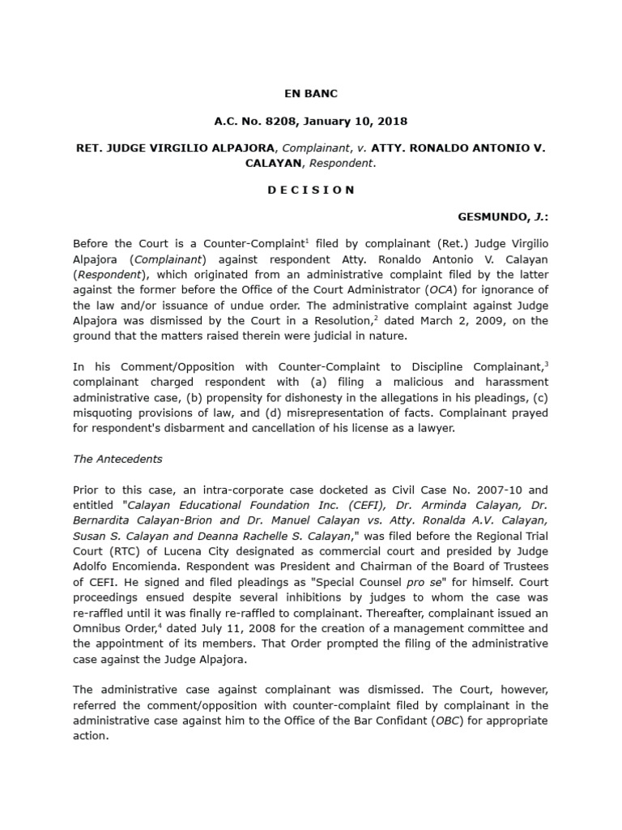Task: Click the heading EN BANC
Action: [310, 94]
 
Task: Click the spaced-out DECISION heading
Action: [310, 190]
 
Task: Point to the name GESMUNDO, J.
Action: [502, 218]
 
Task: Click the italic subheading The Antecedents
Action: [117, 459]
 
